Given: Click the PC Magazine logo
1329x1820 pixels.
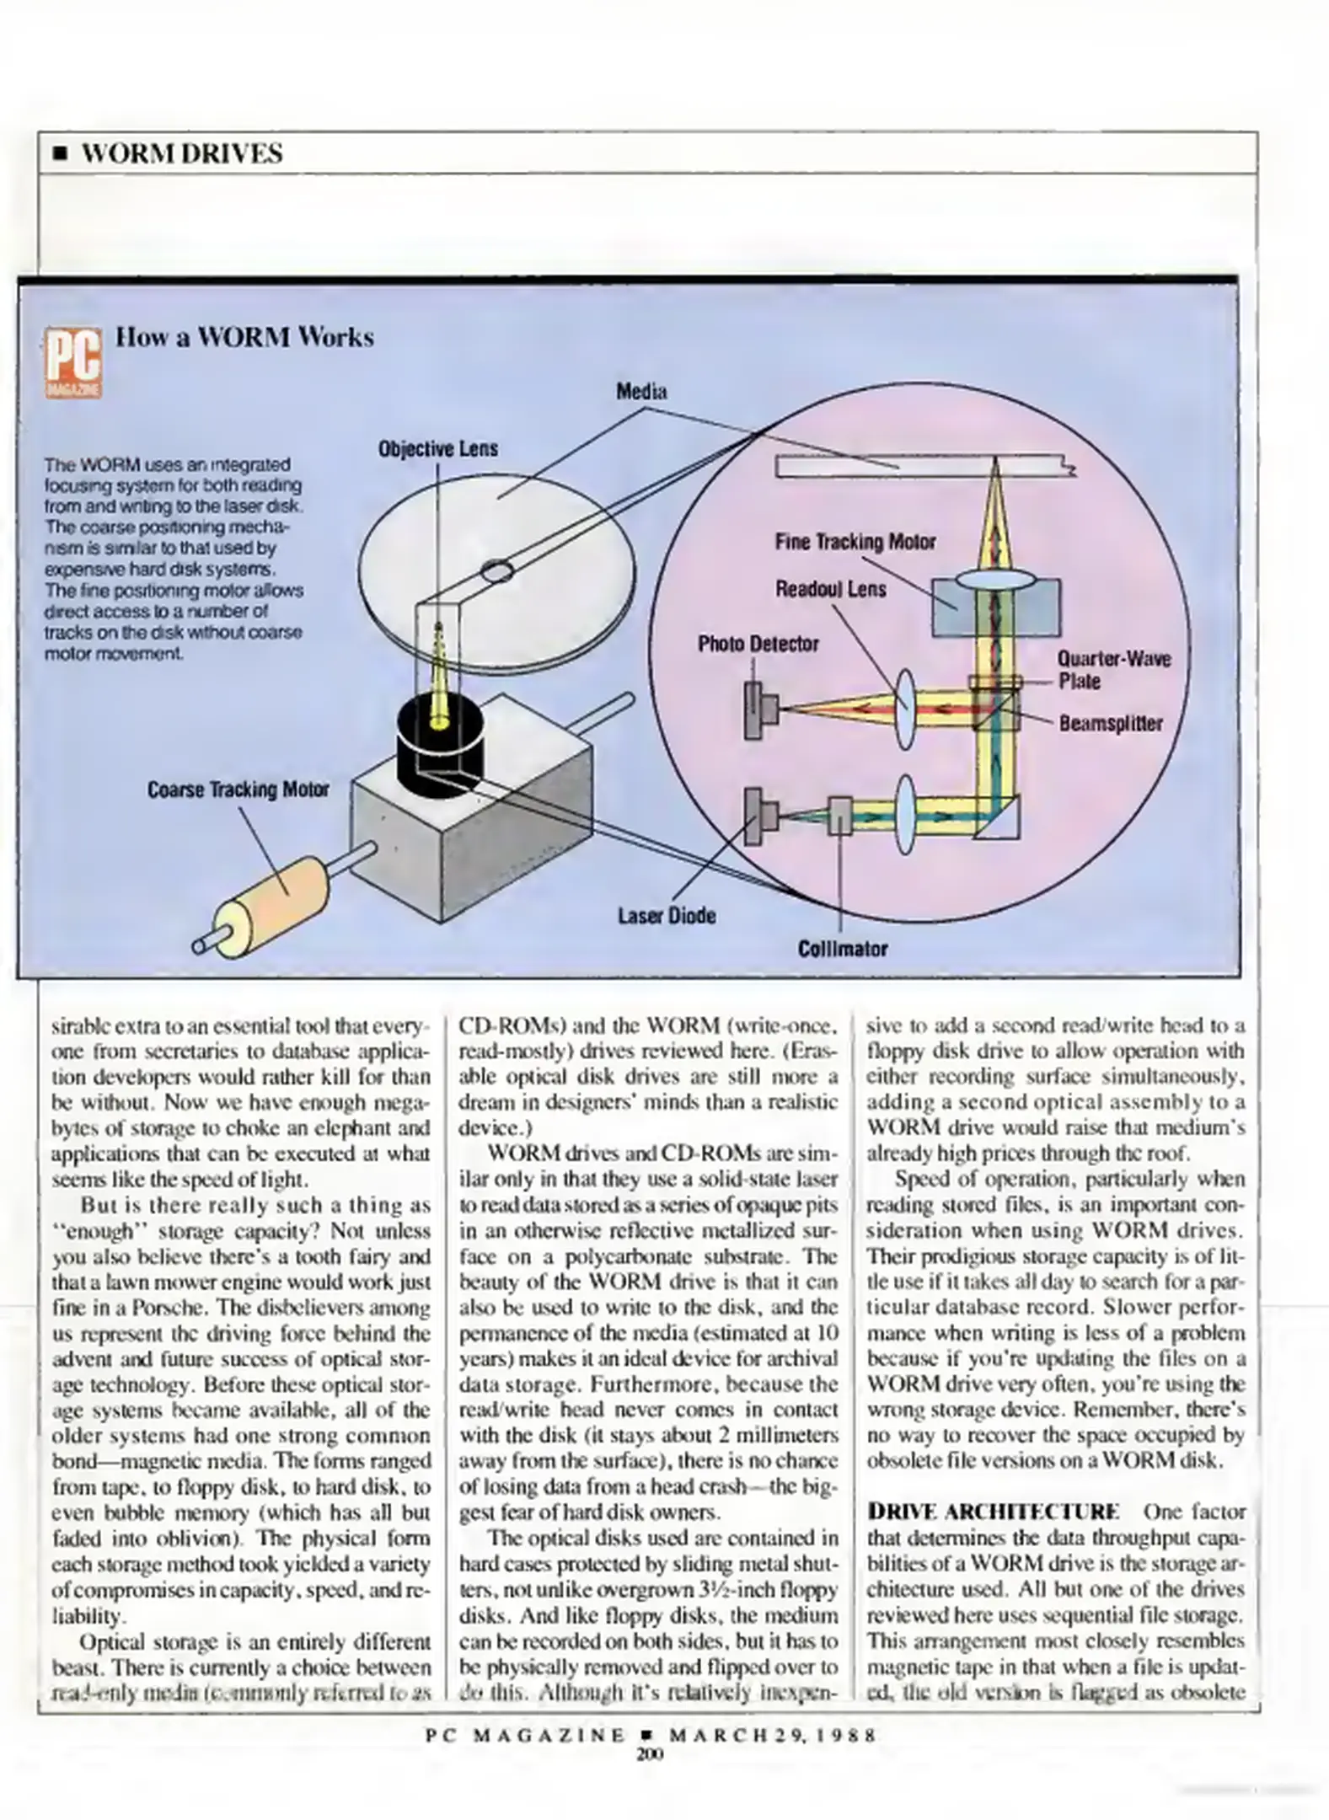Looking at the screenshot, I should [73, 362].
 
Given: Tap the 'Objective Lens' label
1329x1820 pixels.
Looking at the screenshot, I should [437, 448].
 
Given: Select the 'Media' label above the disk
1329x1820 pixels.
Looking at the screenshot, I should [641, 392].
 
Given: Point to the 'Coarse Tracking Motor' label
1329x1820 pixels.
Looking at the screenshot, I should [238, 790].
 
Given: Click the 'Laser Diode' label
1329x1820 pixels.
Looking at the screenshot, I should [667, 915].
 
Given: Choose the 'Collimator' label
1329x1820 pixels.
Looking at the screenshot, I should [842, 949].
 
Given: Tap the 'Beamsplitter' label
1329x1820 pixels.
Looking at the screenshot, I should [1110, 723].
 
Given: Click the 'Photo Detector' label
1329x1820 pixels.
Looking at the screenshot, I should [758, 644].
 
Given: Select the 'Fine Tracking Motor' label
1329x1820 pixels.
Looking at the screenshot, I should [855, 542].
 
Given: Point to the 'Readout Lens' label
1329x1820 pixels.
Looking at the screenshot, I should [830, 588].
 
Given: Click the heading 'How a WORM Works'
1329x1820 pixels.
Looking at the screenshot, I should [244, 337].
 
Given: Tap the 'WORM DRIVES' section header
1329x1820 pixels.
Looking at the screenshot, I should [181, 153].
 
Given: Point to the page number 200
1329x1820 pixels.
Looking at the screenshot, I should [651, 1754].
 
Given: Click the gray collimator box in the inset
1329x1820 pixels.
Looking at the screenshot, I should [839, 815].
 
